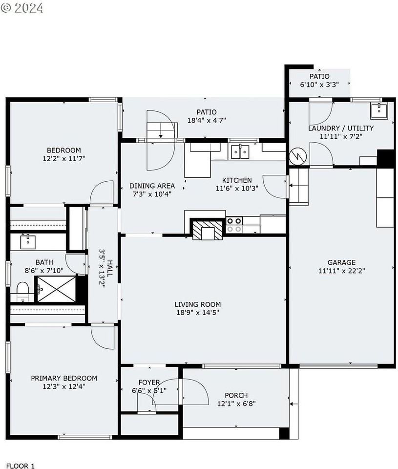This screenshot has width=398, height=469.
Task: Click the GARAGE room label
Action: click(x=341, y=262)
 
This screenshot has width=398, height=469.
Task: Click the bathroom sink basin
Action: click(x=27, y=240)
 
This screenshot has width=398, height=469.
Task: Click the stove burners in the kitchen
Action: click(x=234, y=225)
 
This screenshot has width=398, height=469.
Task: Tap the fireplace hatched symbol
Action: click(x=204, y=230)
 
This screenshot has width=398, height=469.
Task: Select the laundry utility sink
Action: click(x=378, y=111)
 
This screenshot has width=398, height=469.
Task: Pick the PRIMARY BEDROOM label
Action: click(x=64, y=378)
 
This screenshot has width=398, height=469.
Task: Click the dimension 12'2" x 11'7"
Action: click(x=64, y=159)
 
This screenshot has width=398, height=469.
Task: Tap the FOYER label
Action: click(x=149, y=382)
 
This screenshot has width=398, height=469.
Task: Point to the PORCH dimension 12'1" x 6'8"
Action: click(x=236, y=404)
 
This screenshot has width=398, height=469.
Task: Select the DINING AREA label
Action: click(x=152, y=186)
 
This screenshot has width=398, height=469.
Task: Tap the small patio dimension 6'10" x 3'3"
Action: click(x=319, y=85)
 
